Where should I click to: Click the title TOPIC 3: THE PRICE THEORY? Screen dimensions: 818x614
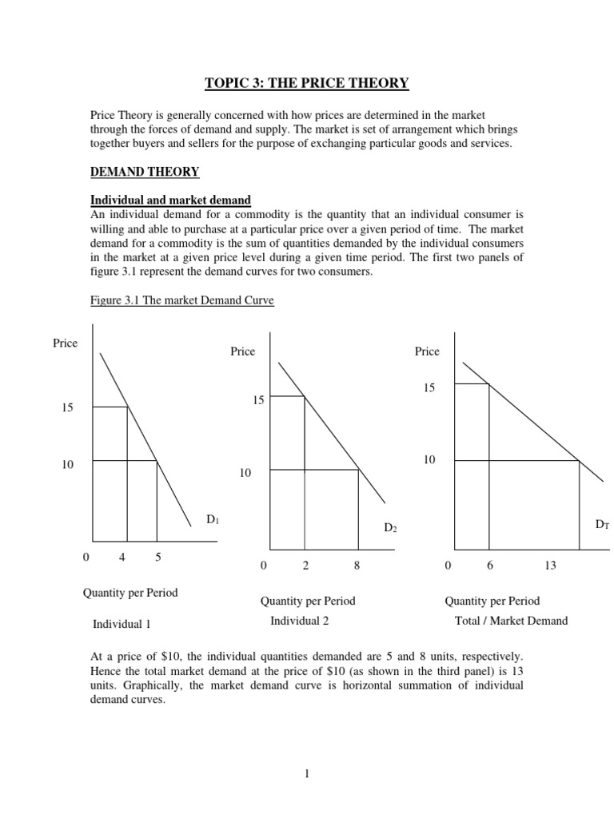pyautogui.click(x=307, y=83)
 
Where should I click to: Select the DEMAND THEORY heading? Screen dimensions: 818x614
pyautogui.click(x=145, y=172)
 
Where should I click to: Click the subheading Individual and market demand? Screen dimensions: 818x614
pyautogui.click(x=170, y=200)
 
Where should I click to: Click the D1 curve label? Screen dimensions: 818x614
pyautogui.click(x=213, y=520)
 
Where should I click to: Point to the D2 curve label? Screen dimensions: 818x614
pyautogui.click(x=390, y=529)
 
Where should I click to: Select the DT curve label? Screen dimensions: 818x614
pyautogui.click(x=601, y=524)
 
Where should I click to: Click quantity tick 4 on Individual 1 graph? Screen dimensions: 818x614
pyautogui.click(x=122, y=558)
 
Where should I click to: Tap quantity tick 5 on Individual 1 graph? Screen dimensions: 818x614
pyautogui.click(x=158, y=558)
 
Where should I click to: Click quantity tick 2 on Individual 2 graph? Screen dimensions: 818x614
pyautogui.click(x=305, y=566)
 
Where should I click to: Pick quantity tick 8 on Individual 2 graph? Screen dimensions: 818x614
pyautogui.click(x=357, y=566)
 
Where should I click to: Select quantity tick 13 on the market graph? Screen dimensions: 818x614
pyautogui.click(x=550, y=566)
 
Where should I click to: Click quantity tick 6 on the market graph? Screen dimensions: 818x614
pyautogui.click(x=489, y=566)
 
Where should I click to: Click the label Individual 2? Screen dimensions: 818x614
pyautogui.click(x=300, y=621)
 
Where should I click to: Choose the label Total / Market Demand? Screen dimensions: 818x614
pyautogui.click(x=506, y=621)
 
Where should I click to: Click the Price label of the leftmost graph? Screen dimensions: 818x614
pyautogui.click(x=65, y=343)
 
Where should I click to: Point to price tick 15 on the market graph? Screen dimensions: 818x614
pyautogui.click(x=429, y=387)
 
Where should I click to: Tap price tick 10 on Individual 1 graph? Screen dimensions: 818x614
pyautogui.click(x=67, y=465)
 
